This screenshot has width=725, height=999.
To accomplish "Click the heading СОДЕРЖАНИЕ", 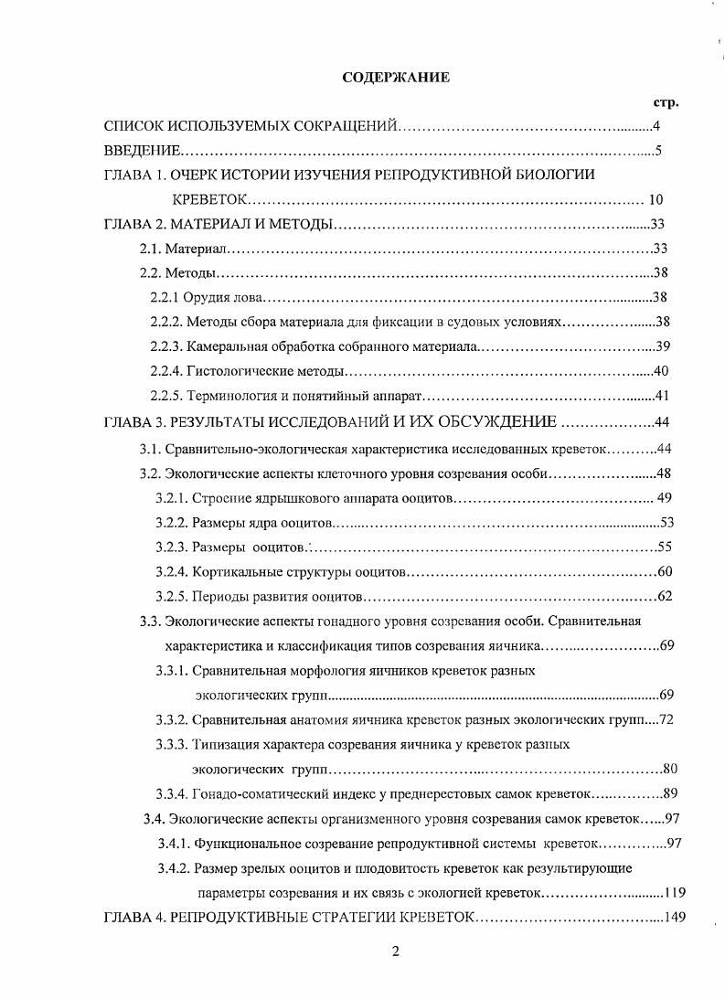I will coord(396,78).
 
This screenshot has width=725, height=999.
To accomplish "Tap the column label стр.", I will coord(666,102).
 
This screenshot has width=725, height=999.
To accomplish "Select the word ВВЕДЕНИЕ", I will coord(142,151).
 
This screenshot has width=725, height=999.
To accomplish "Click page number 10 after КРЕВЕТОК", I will coord(656,200).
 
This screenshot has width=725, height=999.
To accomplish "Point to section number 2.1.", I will coord(150,249).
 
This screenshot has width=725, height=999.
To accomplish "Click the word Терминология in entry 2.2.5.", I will coord(229,396).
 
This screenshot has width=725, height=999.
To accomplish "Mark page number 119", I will coord(674,892).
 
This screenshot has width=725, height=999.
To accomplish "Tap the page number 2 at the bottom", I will coord(396,951).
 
